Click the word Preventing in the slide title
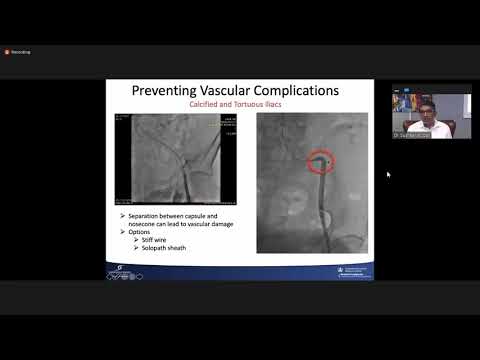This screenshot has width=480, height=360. pos(167,91)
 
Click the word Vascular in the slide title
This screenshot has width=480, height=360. pos(235,91)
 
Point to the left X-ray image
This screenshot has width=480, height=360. pos(178,159)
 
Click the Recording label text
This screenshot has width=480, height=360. pos(21,52)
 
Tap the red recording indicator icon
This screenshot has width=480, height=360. pos(7,52)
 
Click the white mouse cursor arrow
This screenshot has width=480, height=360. pos(389,174)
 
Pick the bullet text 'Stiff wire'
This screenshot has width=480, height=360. pos(157,240)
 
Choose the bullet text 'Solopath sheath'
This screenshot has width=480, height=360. pos(165,247)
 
